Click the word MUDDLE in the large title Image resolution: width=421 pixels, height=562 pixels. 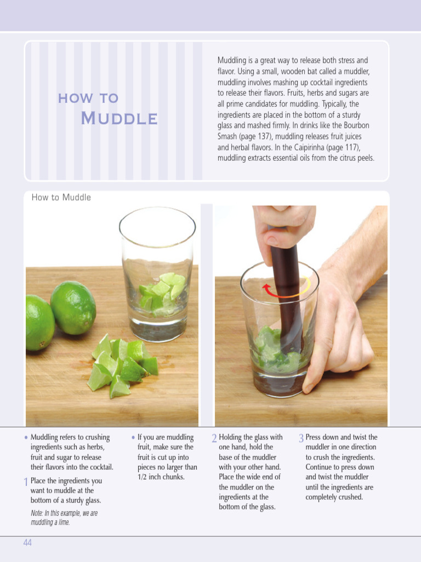(x=119, y=119)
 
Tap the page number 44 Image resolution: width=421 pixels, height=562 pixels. (x=27, y=543)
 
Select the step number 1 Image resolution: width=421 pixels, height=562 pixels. (x=26, y=482)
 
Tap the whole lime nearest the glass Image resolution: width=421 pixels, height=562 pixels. (x=73, y=308)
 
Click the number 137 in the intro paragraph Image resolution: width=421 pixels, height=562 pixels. (x=264, y=137)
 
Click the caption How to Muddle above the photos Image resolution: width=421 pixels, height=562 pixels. (x=61, y=197)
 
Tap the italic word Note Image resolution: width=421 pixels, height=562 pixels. (x=37, y=513)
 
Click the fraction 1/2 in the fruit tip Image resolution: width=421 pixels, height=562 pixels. (x=143, y=477)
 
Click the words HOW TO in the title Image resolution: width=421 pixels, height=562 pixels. (x=88, y=98)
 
